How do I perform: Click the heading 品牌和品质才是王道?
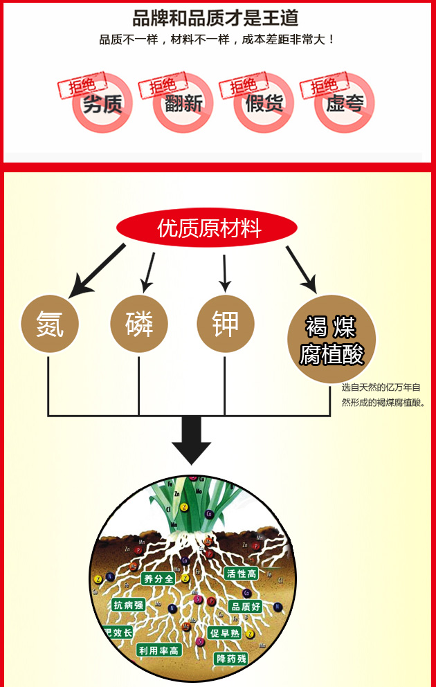[216, 18]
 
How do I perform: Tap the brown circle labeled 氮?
[49, 324]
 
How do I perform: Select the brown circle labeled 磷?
[139, 324]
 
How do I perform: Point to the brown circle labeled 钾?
[225, 324]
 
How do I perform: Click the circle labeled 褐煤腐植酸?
[331, 340]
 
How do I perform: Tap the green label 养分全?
[158, 578]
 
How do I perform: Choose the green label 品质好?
[246, 607]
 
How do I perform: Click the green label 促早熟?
[226, 634]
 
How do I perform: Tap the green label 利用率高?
[158, 650]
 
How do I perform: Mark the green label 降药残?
[230, 659]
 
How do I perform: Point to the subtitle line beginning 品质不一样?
[217, 39]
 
